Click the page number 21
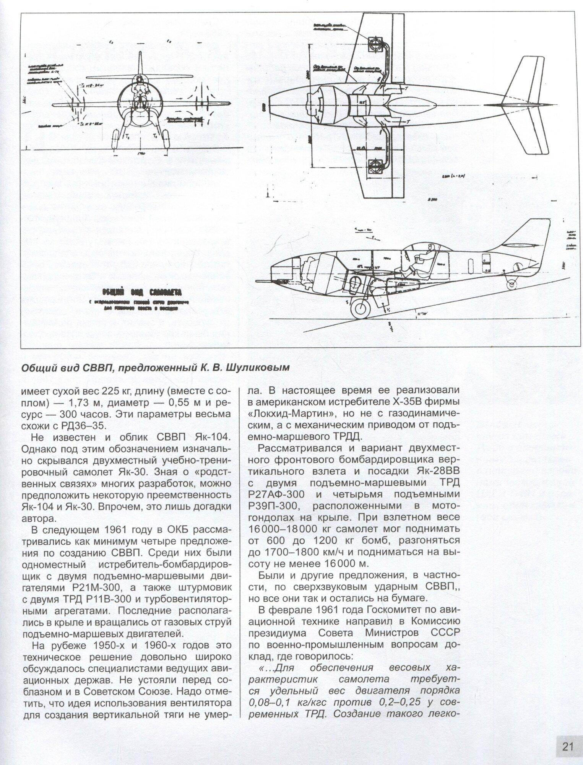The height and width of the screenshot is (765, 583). [568, 746]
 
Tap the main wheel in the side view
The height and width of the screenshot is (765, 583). [361, 309]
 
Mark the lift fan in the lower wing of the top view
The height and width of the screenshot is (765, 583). [376, 167]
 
